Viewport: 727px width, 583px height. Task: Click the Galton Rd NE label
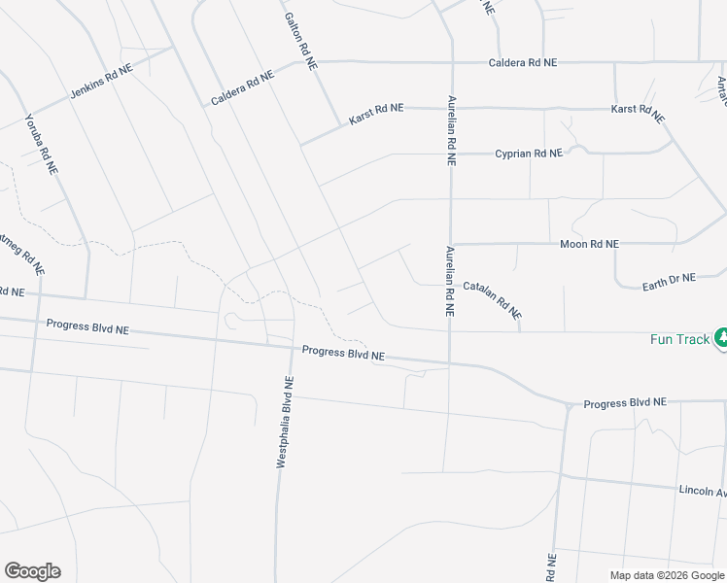[x=299, y=40]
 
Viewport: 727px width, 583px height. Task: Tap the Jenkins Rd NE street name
[x=101, y=85]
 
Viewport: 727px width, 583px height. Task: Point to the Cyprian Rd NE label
[x=529, y=154]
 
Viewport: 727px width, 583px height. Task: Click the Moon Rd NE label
[x=589, y=244]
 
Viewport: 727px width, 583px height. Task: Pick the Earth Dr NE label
[x=670, y=281]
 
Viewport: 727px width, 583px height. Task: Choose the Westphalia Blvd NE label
[x=283, y=424]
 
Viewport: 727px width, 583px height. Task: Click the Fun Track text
[x=680, y=339]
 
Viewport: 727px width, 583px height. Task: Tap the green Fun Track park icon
[x=721, y=338]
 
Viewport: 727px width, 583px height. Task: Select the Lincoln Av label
[x=702, y=493]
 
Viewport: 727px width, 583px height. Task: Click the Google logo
[x=32, y=571]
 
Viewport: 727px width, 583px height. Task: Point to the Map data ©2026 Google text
[x=666, y=575]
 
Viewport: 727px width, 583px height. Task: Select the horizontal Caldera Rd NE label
[x=523, y=62]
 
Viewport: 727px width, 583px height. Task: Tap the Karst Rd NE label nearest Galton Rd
[x=376, y=114]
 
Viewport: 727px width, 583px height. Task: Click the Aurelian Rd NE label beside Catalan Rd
[x=450, y=282]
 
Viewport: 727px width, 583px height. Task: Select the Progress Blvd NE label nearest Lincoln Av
[x=625, y=402]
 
